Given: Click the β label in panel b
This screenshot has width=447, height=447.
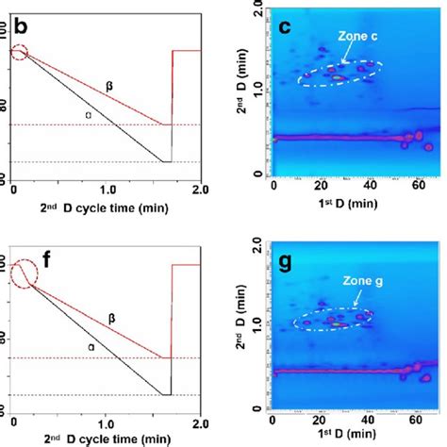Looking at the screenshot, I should click(109, 85).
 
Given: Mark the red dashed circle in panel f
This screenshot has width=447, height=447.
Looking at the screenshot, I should click(21, 272).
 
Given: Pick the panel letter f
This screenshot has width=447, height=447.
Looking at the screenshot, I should click(17, 250).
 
